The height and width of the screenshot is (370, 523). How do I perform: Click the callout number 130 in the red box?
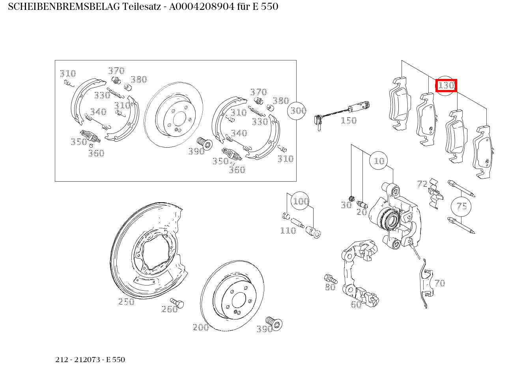click(x=446, y=85)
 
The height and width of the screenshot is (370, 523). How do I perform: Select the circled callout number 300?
click(x=298, y=111)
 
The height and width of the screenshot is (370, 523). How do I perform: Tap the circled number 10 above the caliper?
click(x=379, y=161)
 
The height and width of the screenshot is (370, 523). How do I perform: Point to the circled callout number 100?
click(x=301, y=202)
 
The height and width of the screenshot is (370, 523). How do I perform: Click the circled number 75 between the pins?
click(x=461, y=206)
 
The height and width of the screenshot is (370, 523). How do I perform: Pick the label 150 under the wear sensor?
click(x=349, y=120)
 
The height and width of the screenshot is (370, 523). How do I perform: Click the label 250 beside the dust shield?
click(x=126, y=302)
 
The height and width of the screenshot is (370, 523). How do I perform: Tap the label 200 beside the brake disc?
click(x=201, y=327)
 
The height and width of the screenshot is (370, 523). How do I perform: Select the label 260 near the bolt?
click(x=170, y=309)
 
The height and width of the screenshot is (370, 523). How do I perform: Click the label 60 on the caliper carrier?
click(x=356, y=304)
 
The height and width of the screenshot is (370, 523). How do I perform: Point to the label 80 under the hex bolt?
click(x=330, y=287)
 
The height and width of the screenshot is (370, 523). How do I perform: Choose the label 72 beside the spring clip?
click(x=422, y=184)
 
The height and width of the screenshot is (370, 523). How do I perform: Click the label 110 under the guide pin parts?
click(x=288, y=231)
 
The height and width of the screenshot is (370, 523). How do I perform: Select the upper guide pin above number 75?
click(x=461, y=188)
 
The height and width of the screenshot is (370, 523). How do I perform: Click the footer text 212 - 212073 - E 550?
click(x=90, y=360)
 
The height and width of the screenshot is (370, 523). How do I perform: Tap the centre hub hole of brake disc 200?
click(x=239, y=301)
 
